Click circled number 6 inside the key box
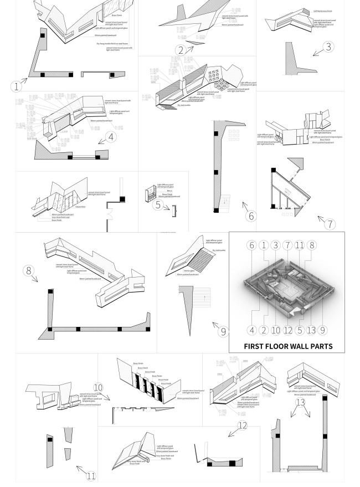click(251, 245)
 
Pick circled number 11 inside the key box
click(300, 245)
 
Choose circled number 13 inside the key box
click(311, 330)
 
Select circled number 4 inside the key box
click(251, 330)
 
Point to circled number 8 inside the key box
click(312, 245)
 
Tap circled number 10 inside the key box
click(275, 330)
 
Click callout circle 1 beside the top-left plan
click(17, 86)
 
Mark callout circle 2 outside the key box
click(181, 50)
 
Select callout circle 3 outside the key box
click(329, 47)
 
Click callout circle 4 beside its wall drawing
click(111, 136)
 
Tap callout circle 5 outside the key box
click(157, 205)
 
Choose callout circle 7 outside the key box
click(331, 224)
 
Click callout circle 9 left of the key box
click(223, 332)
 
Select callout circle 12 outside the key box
click(242, 426)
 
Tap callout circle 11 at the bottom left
click(91, 475)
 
